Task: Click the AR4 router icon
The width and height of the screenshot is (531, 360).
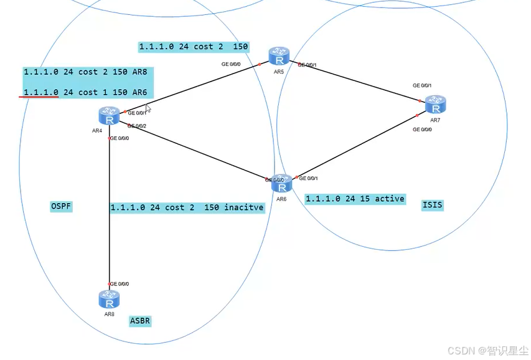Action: pos(109,115)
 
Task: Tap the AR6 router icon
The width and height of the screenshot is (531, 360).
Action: pos(281,184)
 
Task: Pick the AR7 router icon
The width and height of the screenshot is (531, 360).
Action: pos(436,105)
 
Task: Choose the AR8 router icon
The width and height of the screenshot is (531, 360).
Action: pos(109,300)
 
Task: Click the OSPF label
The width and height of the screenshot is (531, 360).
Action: pos(61,206)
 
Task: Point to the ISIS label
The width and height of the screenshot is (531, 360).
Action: pos(432,204)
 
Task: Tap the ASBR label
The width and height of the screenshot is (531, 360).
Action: pos(140,321)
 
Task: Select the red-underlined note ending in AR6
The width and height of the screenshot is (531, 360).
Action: pos(85,92)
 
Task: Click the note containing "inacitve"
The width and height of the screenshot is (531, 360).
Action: pos(187,207)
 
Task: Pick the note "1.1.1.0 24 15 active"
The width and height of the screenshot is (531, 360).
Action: pos(355,199)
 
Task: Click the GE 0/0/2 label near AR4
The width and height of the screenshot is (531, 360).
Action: pos(137,126)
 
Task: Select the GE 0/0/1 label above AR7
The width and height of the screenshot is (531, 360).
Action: pos(422,85)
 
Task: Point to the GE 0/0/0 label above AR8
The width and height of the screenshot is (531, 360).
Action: pos(120,283)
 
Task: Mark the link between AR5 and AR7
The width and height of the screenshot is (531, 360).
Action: pos(361,82)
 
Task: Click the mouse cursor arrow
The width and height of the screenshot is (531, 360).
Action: pos(148,108)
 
